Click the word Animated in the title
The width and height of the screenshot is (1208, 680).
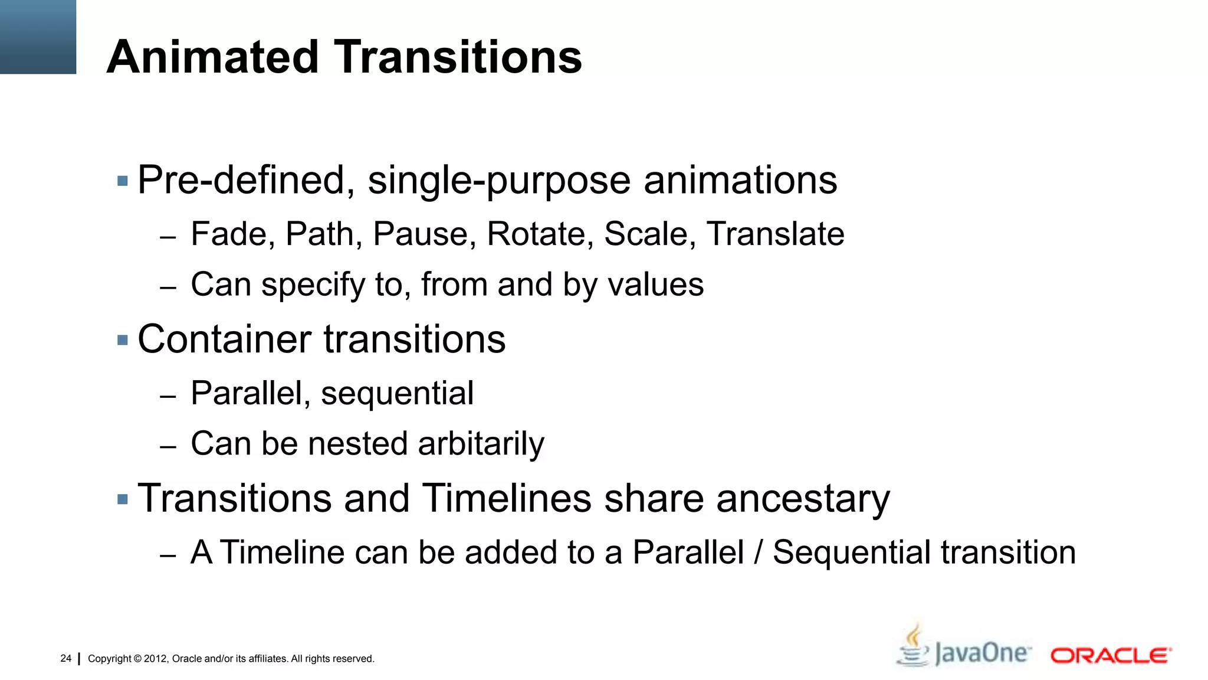[213, 57]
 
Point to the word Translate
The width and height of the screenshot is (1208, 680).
[775, 234]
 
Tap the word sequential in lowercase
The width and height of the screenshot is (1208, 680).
[397, 394]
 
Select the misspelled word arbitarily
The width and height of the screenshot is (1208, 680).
[481, 444]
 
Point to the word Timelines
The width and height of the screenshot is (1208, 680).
[507, 498]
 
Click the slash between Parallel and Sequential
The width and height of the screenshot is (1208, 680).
[759, 553]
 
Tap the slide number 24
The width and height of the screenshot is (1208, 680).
[65, 658]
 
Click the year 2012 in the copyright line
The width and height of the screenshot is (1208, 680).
[156, 659]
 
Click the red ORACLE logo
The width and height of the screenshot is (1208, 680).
[1111, 656]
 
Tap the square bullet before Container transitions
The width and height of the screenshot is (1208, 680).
[123, 340]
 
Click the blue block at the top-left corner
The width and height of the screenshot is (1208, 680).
[38, 37]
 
